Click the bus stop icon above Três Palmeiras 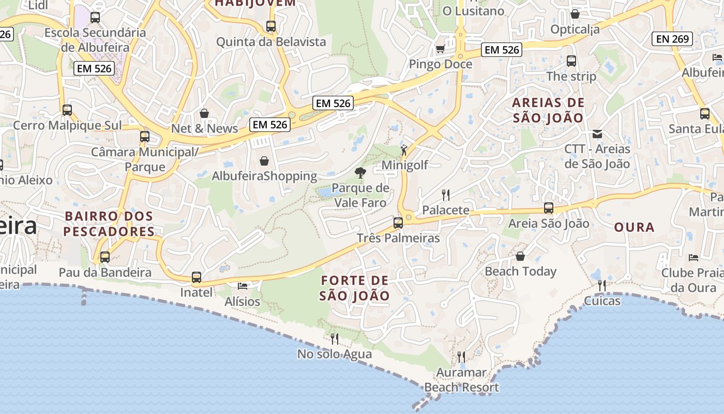pos(398,223)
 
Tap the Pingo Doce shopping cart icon pos(440,49)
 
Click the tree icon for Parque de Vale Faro pos(360,173)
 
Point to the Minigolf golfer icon pos(404,151)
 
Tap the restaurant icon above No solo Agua pos(335,339)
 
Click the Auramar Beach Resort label pos(461,380)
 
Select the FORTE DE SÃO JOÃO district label pos(354,288)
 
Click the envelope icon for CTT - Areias pos(597,134)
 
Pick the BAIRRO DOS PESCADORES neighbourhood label pos(109,224)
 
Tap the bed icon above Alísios pos(243,286)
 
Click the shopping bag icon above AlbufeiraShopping pos(264,161)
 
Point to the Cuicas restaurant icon pos(602,286)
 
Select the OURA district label pos(634,227)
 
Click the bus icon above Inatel pos(197,277)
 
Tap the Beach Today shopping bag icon pos(520,256)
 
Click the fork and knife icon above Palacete pos(446,195)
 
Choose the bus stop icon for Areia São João pos(549,208)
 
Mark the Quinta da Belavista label pos(271,42)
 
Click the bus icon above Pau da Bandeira pos(105,257)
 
